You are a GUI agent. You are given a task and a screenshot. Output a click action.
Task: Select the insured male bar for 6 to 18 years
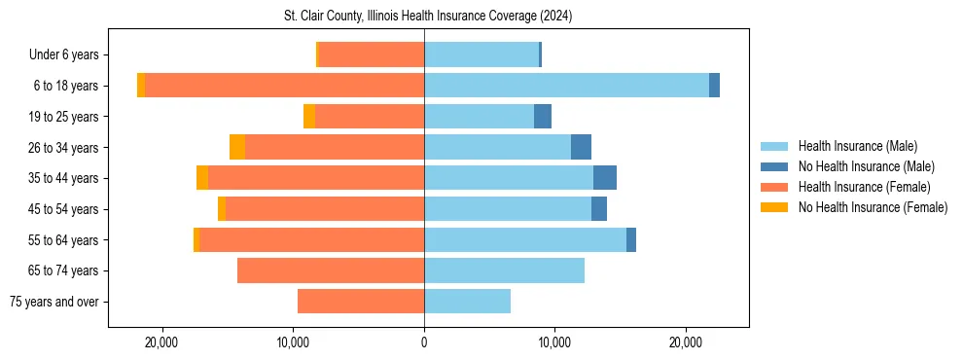point(566,86)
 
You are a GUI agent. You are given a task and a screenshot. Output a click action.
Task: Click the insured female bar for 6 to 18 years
point(284,86)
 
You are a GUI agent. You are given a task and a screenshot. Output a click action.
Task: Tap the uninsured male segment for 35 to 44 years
point(605,178)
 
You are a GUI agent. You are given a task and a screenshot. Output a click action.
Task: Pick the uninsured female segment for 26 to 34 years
point(237,147)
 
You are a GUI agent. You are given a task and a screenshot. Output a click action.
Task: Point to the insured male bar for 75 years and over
point(467,302)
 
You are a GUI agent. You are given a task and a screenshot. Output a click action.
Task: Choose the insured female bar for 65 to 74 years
point(331,270)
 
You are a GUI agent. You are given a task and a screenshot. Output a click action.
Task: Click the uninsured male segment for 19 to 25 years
point(543,117)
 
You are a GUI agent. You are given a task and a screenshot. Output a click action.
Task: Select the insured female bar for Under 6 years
point(372,54)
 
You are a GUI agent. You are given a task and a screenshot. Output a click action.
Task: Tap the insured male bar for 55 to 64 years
point(525,239)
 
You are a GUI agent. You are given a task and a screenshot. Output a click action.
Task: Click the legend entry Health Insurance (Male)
point(857,146)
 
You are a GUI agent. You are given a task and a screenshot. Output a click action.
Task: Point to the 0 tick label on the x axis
point(424,342)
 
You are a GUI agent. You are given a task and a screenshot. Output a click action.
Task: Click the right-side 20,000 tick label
point(686,342)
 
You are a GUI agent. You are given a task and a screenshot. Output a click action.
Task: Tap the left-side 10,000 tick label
point(293,342)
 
